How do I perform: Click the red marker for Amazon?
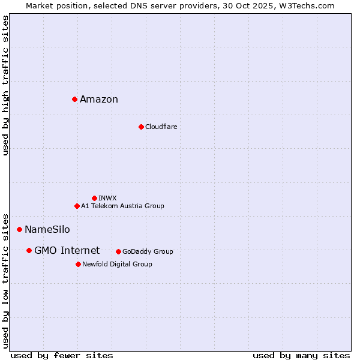tap(74, 99)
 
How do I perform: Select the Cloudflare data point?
tap(141, 127)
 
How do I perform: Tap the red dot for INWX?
tap(94, 198)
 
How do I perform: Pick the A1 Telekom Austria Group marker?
tap(77, 206)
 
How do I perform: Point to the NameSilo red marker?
tap(19, 229)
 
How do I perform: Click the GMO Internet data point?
tap(29, 250)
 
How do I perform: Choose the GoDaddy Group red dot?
tap(118, 251)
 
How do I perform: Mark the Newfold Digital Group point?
tap(78, 264)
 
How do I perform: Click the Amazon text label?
tap(99, 100)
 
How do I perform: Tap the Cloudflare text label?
tap(161, 127)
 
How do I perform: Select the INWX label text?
tap(107, 199)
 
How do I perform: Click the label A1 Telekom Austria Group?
tap(122, 206)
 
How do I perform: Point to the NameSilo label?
tap(47, 230)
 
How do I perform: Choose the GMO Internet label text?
tap(67, 251)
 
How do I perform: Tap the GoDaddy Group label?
tap(148, 252)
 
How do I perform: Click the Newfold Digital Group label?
tap(117, 265)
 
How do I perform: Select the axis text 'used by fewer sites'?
tap(62, 355)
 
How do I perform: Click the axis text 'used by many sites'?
tap(301, 355)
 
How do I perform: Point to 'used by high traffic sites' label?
tap(6, 86)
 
